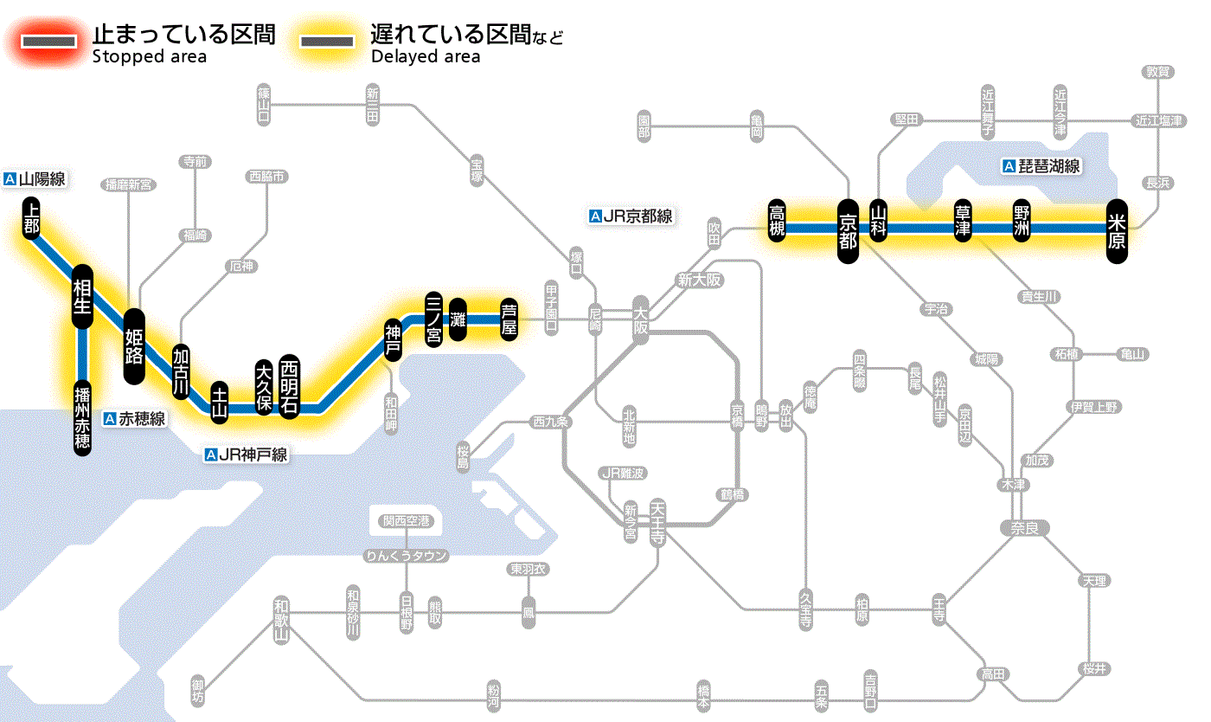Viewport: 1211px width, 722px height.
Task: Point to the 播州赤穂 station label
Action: (x=83, y=416)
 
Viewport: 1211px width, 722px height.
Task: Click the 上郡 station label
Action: (x=32, y=216)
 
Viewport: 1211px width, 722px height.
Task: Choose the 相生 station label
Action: (x=83, y=297)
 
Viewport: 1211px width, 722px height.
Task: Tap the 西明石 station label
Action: (x=289, y=386)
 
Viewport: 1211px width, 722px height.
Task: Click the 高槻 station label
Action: (x=778, y=221)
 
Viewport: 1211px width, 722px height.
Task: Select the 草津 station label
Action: (x=963, y=221)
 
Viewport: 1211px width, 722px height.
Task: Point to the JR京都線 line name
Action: (x=630, y=216)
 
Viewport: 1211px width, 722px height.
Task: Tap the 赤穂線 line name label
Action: (x=135, y=419)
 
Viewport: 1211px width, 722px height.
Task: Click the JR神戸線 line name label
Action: (x=247, y=454)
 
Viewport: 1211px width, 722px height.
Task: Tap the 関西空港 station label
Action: (x=407, y=521)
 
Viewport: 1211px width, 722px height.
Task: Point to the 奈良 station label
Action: (x=1023, y=527)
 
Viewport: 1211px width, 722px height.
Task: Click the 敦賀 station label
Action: (x=1157, y=72)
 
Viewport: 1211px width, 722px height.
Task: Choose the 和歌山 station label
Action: (x=281, y=621)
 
